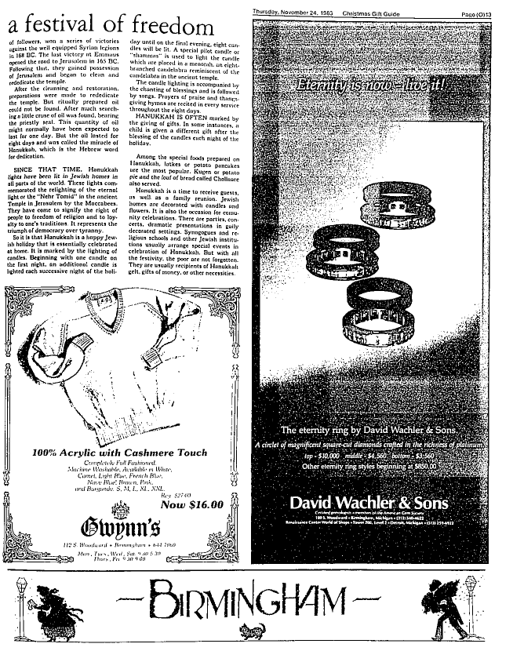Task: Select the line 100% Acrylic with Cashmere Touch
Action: (x=120, y=452)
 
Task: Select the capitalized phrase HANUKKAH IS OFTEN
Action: (x=165, y=116)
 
